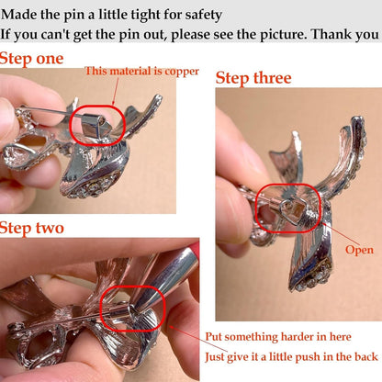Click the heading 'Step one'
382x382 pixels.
click(31, 59)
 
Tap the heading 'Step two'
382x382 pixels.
click(32, 229)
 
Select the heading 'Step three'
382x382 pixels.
click(253, 78)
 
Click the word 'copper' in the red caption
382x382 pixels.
click(182, 72)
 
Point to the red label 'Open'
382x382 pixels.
click(359, 251)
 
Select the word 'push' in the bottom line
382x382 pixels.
click(316, 357)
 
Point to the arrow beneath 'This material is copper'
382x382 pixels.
click(115, 91)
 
